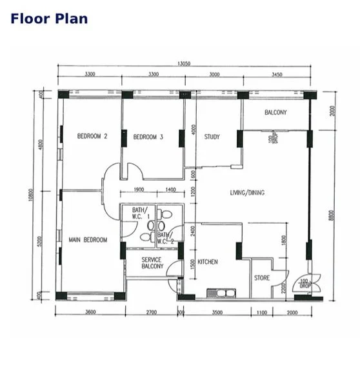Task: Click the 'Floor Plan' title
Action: tap(49, 18)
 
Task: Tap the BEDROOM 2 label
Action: tap(92, 136)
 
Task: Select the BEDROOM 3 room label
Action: tap(148, 137)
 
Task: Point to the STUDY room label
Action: tap(212, 137)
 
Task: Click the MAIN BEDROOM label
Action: tap(88, 240)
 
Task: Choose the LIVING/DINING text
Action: tap(247, 193)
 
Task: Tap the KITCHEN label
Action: tap(208, 262)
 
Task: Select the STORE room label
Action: tap(261, 279)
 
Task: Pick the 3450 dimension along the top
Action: tap(278, 74)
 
